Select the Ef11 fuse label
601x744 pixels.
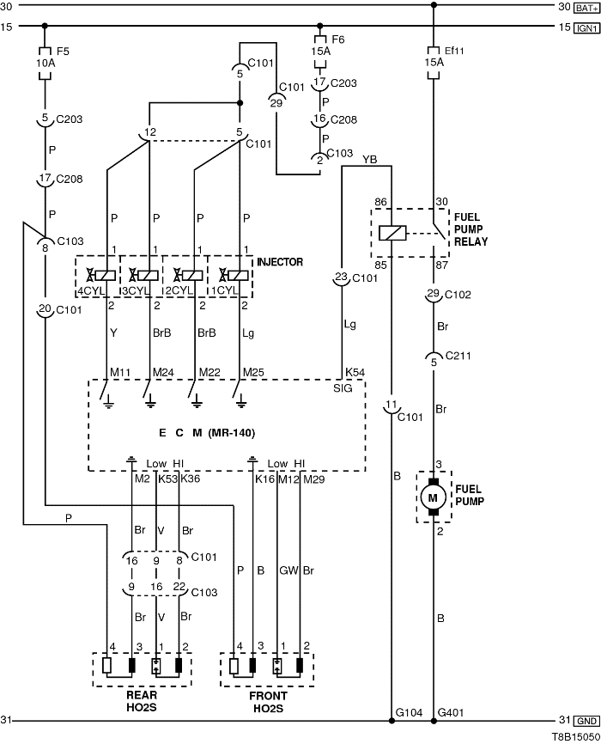point(453,49)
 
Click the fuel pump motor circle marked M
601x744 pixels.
point(434,497)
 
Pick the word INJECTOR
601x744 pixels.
point(281,261)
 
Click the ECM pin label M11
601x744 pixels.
point(119,371)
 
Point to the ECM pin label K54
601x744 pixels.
point(355,372)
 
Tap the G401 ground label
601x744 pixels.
point(451,713)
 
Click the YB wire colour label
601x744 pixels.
point(369,159)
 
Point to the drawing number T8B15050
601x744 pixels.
point(574,736)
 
